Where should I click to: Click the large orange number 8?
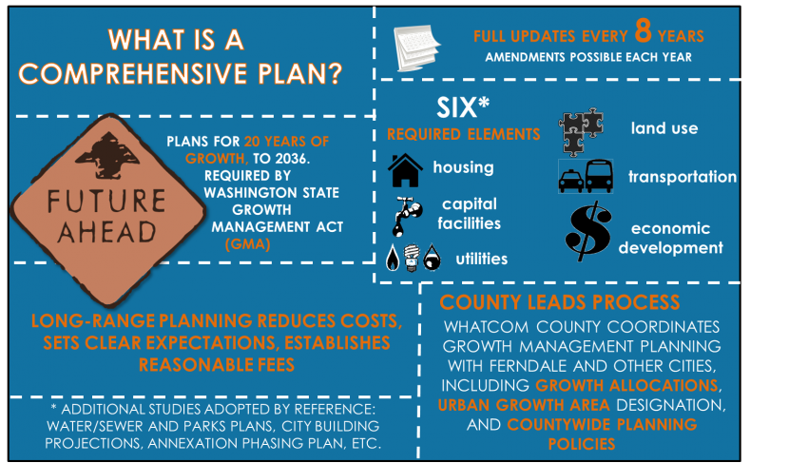[x=643, y=30]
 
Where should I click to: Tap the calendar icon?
[x=416, y=48]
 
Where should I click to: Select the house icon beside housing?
[x=405, y=170]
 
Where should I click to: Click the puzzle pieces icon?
[x=581, y=132]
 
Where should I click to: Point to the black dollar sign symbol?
[x=588, y=231]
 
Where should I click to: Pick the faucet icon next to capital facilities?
[x=408, y=216]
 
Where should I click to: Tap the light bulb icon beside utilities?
[x=411, y=258]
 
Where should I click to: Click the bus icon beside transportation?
[x=599, y=176]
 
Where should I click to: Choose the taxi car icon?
[x=571, y=181]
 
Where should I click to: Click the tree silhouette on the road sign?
[x=108, y=155]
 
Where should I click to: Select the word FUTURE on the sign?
[x=106, y=202]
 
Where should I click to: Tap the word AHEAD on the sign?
[x=106, y=232]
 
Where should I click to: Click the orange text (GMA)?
[x=247, y=244]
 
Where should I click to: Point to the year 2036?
[x=292, y=158]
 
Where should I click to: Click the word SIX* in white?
[x=463, y=107]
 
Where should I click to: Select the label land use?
[x=664, y=127]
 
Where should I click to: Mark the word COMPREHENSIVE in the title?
[x=135, y=74]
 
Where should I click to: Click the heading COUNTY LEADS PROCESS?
[x=560, y=302]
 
